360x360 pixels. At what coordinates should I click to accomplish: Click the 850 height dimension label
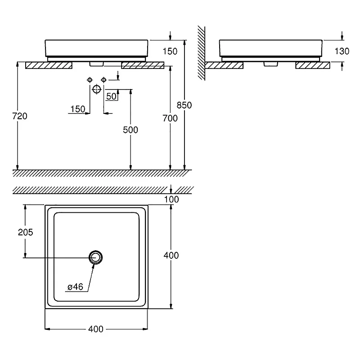click(x=184, y=105)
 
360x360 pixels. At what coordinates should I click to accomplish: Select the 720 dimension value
click(x=20, y=116)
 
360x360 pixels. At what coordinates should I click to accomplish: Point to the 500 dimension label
click(x=131, y=130)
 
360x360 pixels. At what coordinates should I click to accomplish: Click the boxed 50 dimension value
click(x=111, y=96)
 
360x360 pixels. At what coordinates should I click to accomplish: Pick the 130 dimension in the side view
click(x=342, y=51)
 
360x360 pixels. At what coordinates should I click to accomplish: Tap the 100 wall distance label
click(x=171, y=199)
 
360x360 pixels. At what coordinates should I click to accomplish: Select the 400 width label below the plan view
click(x=96, y=329)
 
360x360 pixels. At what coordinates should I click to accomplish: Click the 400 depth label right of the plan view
click(x=171, y=255)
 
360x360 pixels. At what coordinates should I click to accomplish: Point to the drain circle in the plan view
click(x=96, y=257)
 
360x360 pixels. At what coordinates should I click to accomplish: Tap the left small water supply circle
click(x=89, y=80)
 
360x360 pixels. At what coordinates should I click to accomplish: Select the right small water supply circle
click(x=104, y=80)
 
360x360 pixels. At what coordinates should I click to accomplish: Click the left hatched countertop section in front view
click(x=49, y=66)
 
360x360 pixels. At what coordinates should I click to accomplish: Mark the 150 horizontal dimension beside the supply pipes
click(x=77, y=109)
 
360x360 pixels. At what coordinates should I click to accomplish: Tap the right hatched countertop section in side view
click(x=312, y=66)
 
